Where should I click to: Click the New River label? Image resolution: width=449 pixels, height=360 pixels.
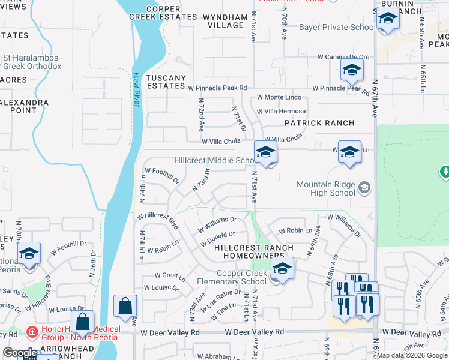(136, 90)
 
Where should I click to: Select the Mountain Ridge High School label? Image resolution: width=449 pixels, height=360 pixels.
(326, 188)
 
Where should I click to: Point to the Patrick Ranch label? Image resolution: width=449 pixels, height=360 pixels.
(319, 123)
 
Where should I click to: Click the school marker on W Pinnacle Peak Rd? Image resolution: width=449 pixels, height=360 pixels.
(352, 70)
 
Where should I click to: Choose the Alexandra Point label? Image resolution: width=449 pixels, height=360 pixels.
(24, 106)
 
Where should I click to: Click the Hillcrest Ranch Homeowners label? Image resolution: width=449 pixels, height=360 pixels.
(254, 251)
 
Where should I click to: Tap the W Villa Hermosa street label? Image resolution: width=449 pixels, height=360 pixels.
(281, 112)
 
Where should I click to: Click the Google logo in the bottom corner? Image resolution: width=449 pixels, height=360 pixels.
(20, 353)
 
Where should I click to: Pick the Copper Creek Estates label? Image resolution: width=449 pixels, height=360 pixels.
(163, 13)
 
